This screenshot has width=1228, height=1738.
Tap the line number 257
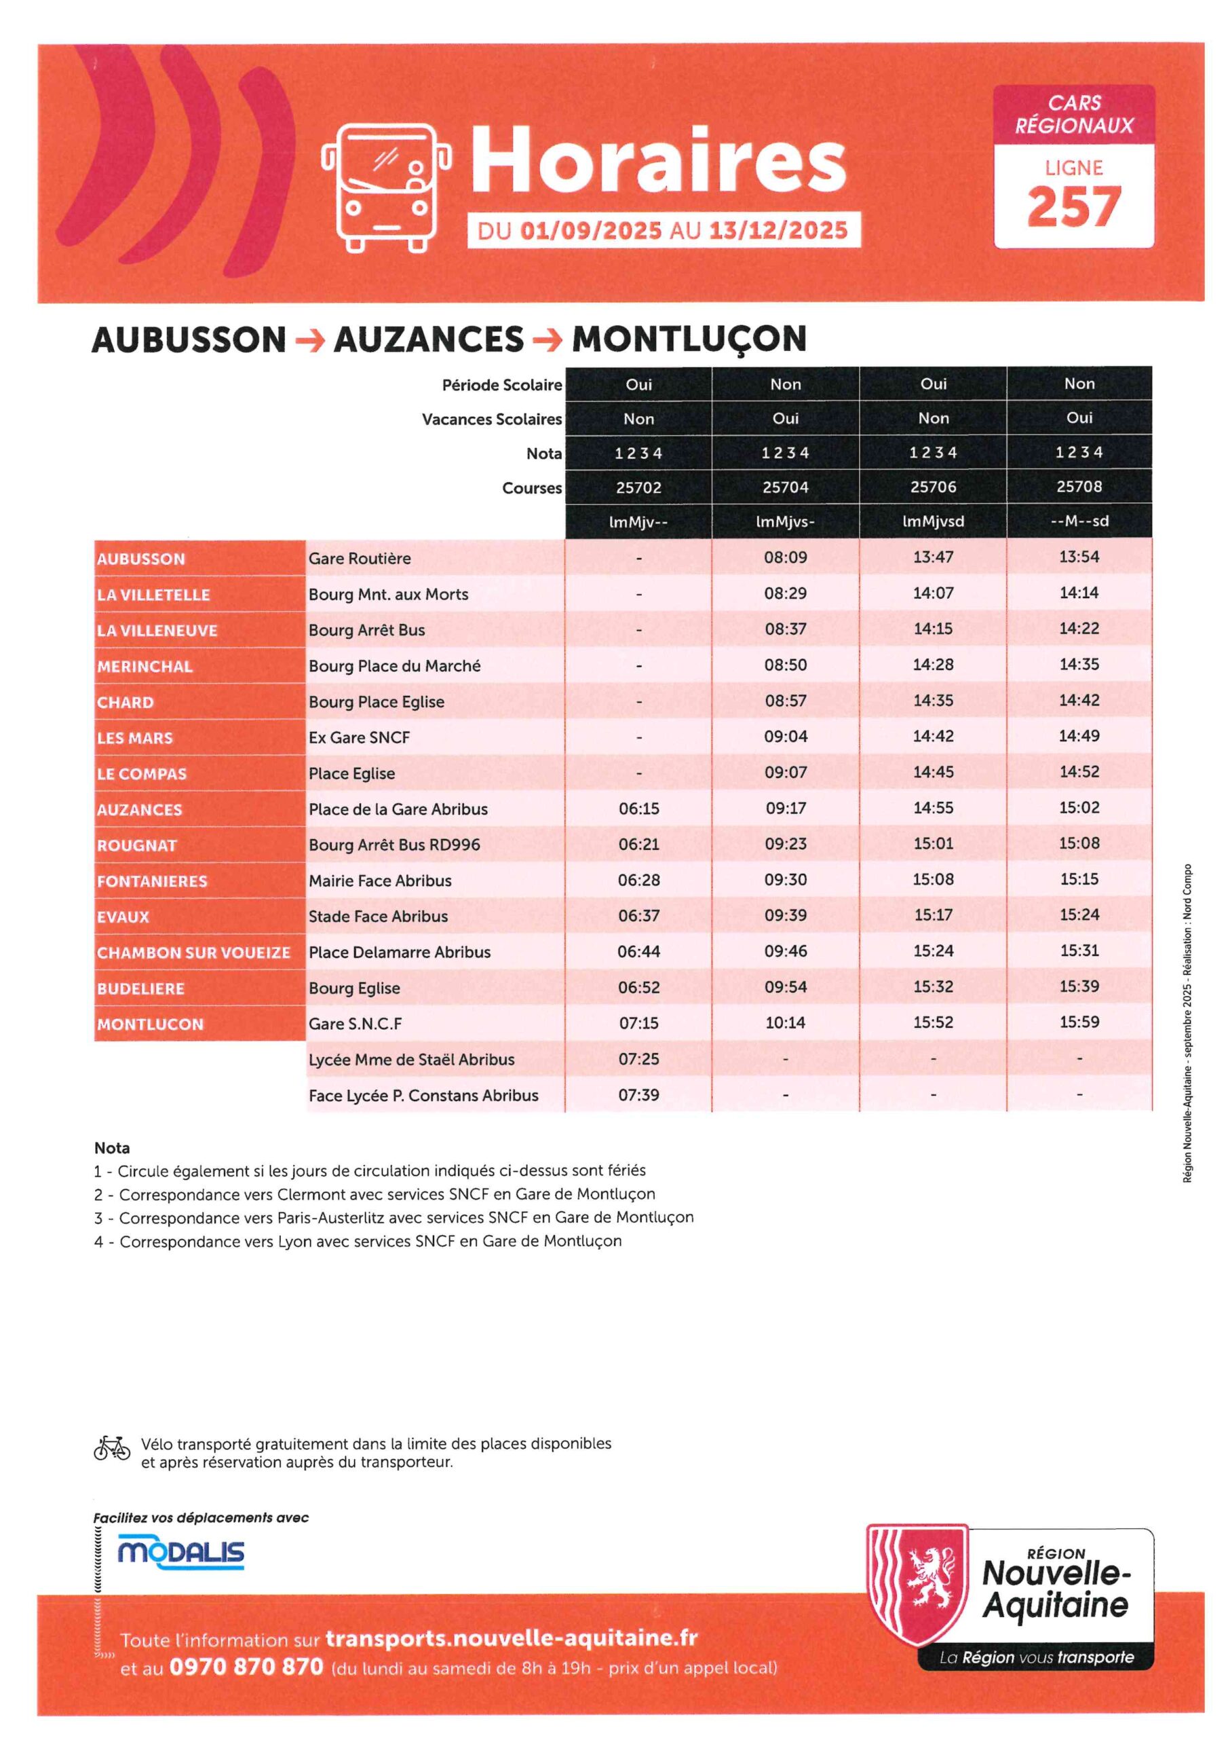(1073, 206)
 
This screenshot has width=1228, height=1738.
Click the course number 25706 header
(933, 487)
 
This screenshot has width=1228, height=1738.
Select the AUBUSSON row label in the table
(142, 559)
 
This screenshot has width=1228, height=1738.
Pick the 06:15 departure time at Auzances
(638, 809)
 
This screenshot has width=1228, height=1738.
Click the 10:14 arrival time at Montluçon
(786, 1022)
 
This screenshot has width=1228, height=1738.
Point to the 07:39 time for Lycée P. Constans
(638, 1094)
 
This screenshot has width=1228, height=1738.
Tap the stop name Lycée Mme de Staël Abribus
(411, 1059)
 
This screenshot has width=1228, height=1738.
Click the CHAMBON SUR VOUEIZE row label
(193, 953)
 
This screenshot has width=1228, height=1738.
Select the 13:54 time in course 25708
(1079, 557)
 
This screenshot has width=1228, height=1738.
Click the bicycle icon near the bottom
(112, 1447)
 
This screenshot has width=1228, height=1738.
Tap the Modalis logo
(181, 1553)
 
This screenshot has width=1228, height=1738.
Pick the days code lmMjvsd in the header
(933, 521)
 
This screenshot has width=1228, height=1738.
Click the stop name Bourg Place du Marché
(394, 665)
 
